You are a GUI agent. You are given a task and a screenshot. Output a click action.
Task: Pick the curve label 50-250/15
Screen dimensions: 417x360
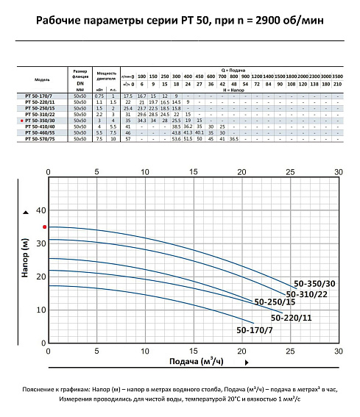click(x=275, y=302)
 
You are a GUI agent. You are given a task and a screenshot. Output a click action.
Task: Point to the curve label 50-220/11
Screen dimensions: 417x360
click(x=292, y=318)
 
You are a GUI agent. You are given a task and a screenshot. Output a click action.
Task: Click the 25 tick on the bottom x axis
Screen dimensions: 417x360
click(x=290, y=351)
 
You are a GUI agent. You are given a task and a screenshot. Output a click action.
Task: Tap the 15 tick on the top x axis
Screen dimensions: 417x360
click(x=194, y=172)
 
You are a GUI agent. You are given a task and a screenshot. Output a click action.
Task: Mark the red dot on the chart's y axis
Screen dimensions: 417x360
click(x=45, y=227)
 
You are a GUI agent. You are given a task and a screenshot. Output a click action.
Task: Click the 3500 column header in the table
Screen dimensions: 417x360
click(x=337, y=76)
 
